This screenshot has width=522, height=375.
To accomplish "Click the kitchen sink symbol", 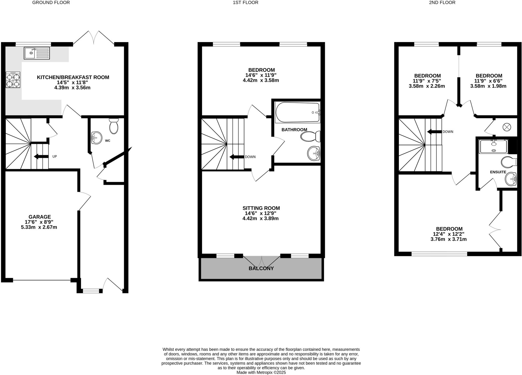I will (x=37, y=53).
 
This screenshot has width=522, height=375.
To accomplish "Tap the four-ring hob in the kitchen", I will (x=13, y=80).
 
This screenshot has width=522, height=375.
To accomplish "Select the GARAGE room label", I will (x=40, y=217).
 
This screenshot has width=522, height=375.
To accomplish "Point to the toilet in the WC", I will (x=114, y=126).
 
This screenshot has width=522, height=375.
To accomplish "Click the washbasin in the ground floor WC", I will (x=96, y=138).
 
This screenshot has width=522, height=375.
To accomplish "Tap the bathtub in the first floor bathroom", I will (x=297, y=112).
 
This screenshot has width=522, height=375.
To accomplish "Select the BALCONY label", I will (x=261, y=268).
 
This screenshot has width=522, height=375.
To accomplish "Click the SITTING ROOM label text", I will (x=261, y=208).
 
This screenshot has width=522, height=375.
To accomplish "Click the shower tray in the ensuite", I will (x=493, y=146).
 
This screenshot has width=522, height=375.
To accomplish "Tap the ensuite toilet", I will (x=509, y=162).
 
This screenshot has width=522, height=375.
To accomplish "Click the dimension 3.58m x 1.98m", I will (x=488, y=86).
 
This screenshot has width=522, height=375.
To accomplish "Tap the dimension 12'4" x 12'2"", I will (x=449, y=234).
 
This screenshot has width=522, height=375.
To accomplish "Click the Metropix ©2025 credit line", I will (x=261, y=372).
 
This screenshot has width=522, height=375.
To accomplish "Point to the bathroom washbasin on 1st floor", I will (x=313, y=154).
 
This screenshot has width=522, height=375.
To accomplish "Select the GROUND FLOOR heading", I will (x=51, y=3).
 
